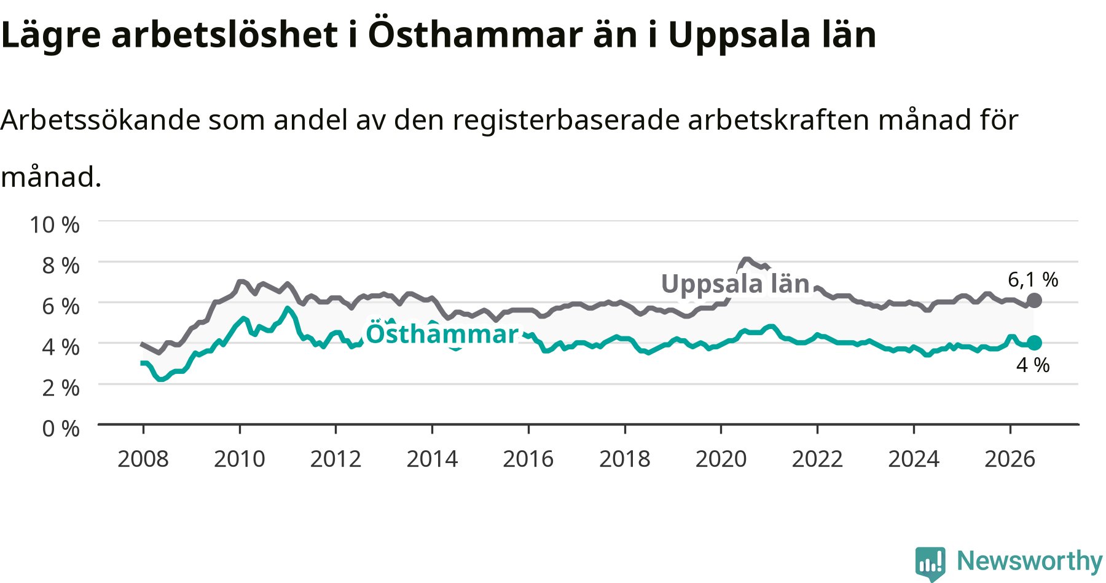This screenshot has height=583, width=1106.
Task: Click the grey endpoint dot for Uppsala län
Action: pos(1034,301)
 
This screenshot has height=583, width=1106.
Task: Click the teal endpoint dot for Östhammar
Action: pos(1034,343)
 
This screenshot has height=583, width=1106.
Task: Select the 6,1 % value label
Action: pos(1033,280)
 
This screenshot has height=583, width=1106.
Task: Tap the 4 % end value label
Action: pos(1033,365)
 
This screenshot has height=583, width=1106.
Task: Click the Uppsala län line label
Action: pos(735,284)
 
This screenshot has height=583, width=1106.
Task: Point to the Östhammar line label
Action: pos(442,334)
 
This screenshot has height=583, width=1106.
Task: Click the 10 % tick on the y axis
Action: pos(55,224)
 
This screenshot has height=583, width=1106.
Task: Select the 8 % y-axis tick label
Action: pos(61,265)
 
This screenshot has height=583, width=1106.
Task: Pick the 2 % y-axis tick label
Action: pos(61,387)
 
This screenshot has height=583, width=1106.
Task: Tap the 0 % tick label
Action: pos(61,428)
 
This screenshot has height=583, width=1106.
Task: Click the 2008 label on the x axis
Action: pos(143,459)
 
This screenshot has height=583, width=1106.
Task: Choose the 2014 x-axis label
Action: pos(433,459)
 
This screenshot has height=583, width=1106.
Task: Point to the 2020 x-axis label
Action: pos(721,459)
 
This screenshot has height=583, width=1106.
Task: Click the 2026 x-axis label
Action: pos(1010,459)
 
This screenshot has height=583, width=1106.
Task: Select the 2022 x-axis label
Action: pos(817,459)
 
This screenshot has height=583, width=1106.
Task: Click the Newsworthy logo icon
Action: pos(930,563)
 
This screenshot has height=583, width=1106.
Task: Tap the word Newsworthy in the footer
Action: pos(1030,561)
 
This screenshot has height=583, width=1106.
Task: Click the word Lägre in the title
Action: pos(51,36)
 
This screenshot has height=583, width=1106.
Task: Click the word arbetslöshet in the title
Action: pos(225,34)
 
